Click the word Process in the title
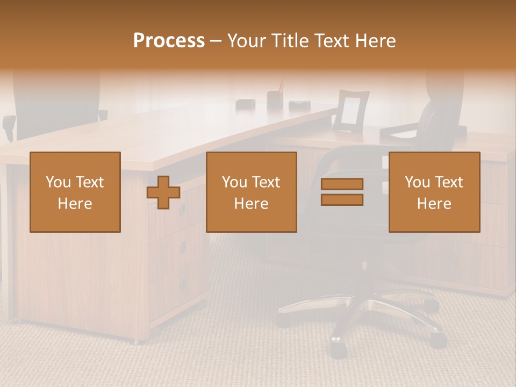pos(169,41)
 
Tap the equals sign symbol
pos(342,192)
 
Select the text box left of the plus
pos(75,192)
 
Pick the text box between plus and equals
pos(251,192)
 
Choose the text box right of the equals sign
pos(434,192)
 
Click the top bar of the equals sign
pos(342,184)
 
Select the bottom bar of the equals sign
pos(342,200)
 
